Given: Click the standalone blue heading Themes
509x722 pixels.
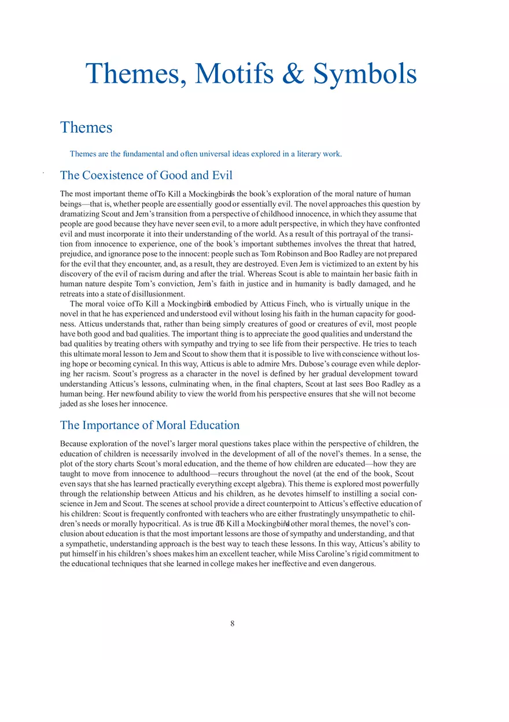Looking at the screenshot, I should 86,127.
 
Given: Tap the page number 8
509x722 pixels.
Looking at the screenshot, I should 233,624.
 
